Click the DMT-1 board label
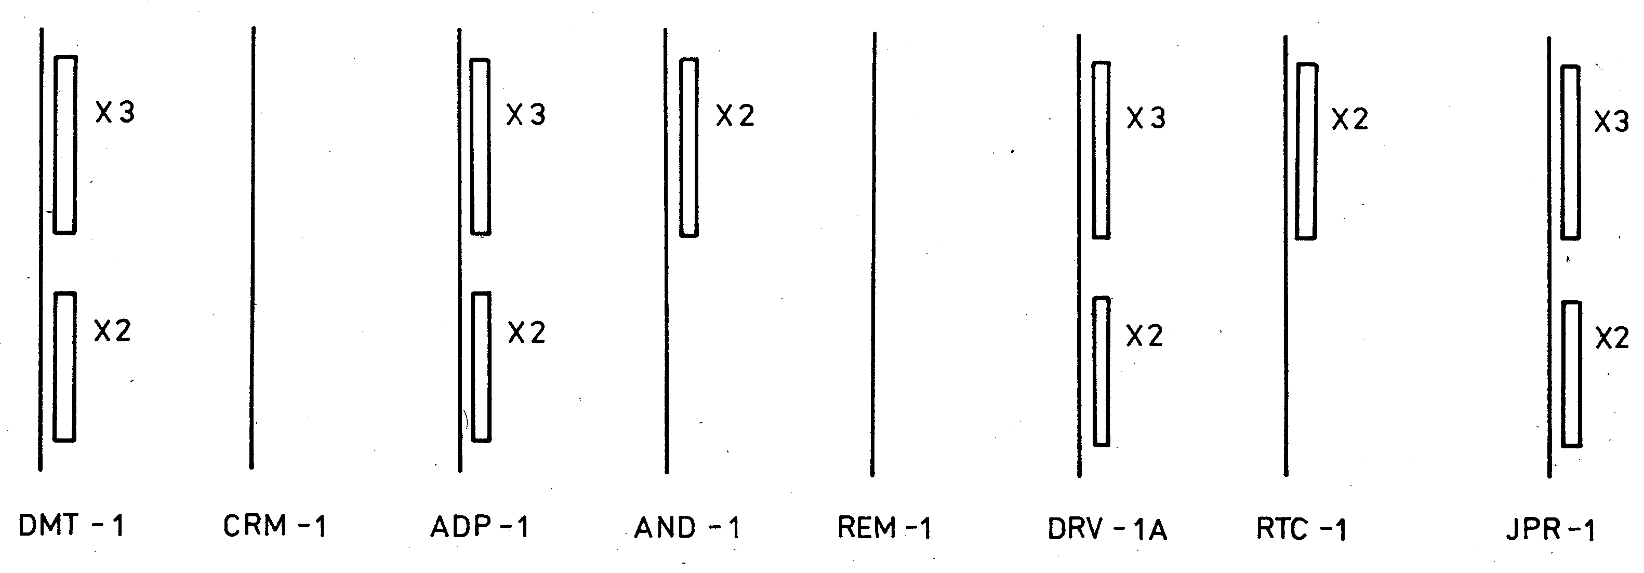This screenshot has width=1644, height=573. point(72,526)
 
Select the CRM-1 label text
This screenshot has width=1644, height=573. point(274,526)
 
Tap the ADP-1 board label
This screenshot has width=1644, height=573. point(480,527)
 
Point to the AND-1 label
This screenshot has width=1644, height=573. point(687,528)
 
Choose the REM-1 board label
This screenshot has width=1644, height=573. point(884,528)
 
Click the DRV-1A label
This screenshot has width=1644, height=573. point(1107,529)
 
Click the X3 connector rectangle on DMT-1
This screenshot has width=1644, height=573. point(65,145)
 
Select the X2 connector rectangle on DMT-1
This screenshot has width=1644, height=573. point(64,367)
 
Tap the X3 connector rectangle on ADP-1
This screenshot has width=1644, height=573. point(481,147)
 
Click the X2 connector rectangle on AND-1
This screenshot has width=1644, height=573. point(688,148)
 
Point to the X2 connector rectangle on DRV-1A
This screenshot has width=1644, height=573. point(1102,371)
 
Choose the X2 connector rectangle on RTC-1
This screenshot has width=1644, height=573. point(1306,152)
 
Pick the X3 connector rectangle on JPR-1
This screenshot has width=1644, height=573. point(1571,153)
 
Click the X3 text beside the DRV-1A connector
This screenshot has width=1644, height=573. point(1146,118)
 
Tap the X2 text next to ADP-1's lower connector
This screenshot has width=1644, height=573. point(526,333)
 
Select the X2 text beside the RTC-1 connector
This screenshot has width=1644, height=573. point(1349,120)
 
